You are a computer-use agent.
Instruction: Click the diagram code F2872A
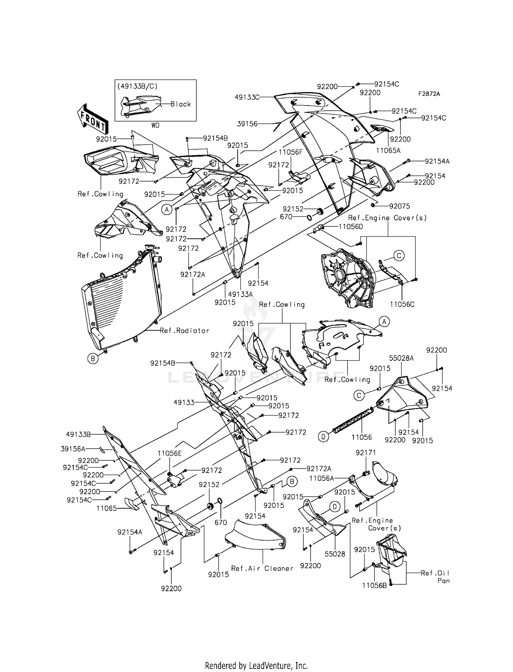click(429, 94)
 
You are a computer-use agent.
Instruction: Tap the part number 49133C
click(247, 97)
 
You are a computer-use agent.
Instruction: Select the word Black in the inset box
click(181, 104)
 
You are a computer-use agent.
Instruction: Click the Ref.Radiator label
click(184, 331)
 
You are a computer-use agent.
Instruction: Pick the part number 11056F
click(290, 152)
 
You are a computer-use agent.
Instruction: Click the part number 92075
click(399, 206)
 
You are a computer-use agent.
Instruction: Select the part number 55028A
click(401, 358)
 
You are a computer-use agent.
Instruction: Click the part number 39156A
click(73, 449)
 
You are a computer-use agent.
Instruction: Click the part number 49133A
click(240, 294)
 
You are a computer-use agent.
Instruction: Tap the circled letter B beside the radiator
click(92, 359)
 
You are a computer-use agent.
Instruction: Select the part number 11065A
click(388, 150)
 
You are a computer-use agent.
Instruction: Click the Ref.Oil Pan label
click(436, 576)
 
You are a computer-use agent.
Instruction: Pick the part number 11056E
click(169, 453)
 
